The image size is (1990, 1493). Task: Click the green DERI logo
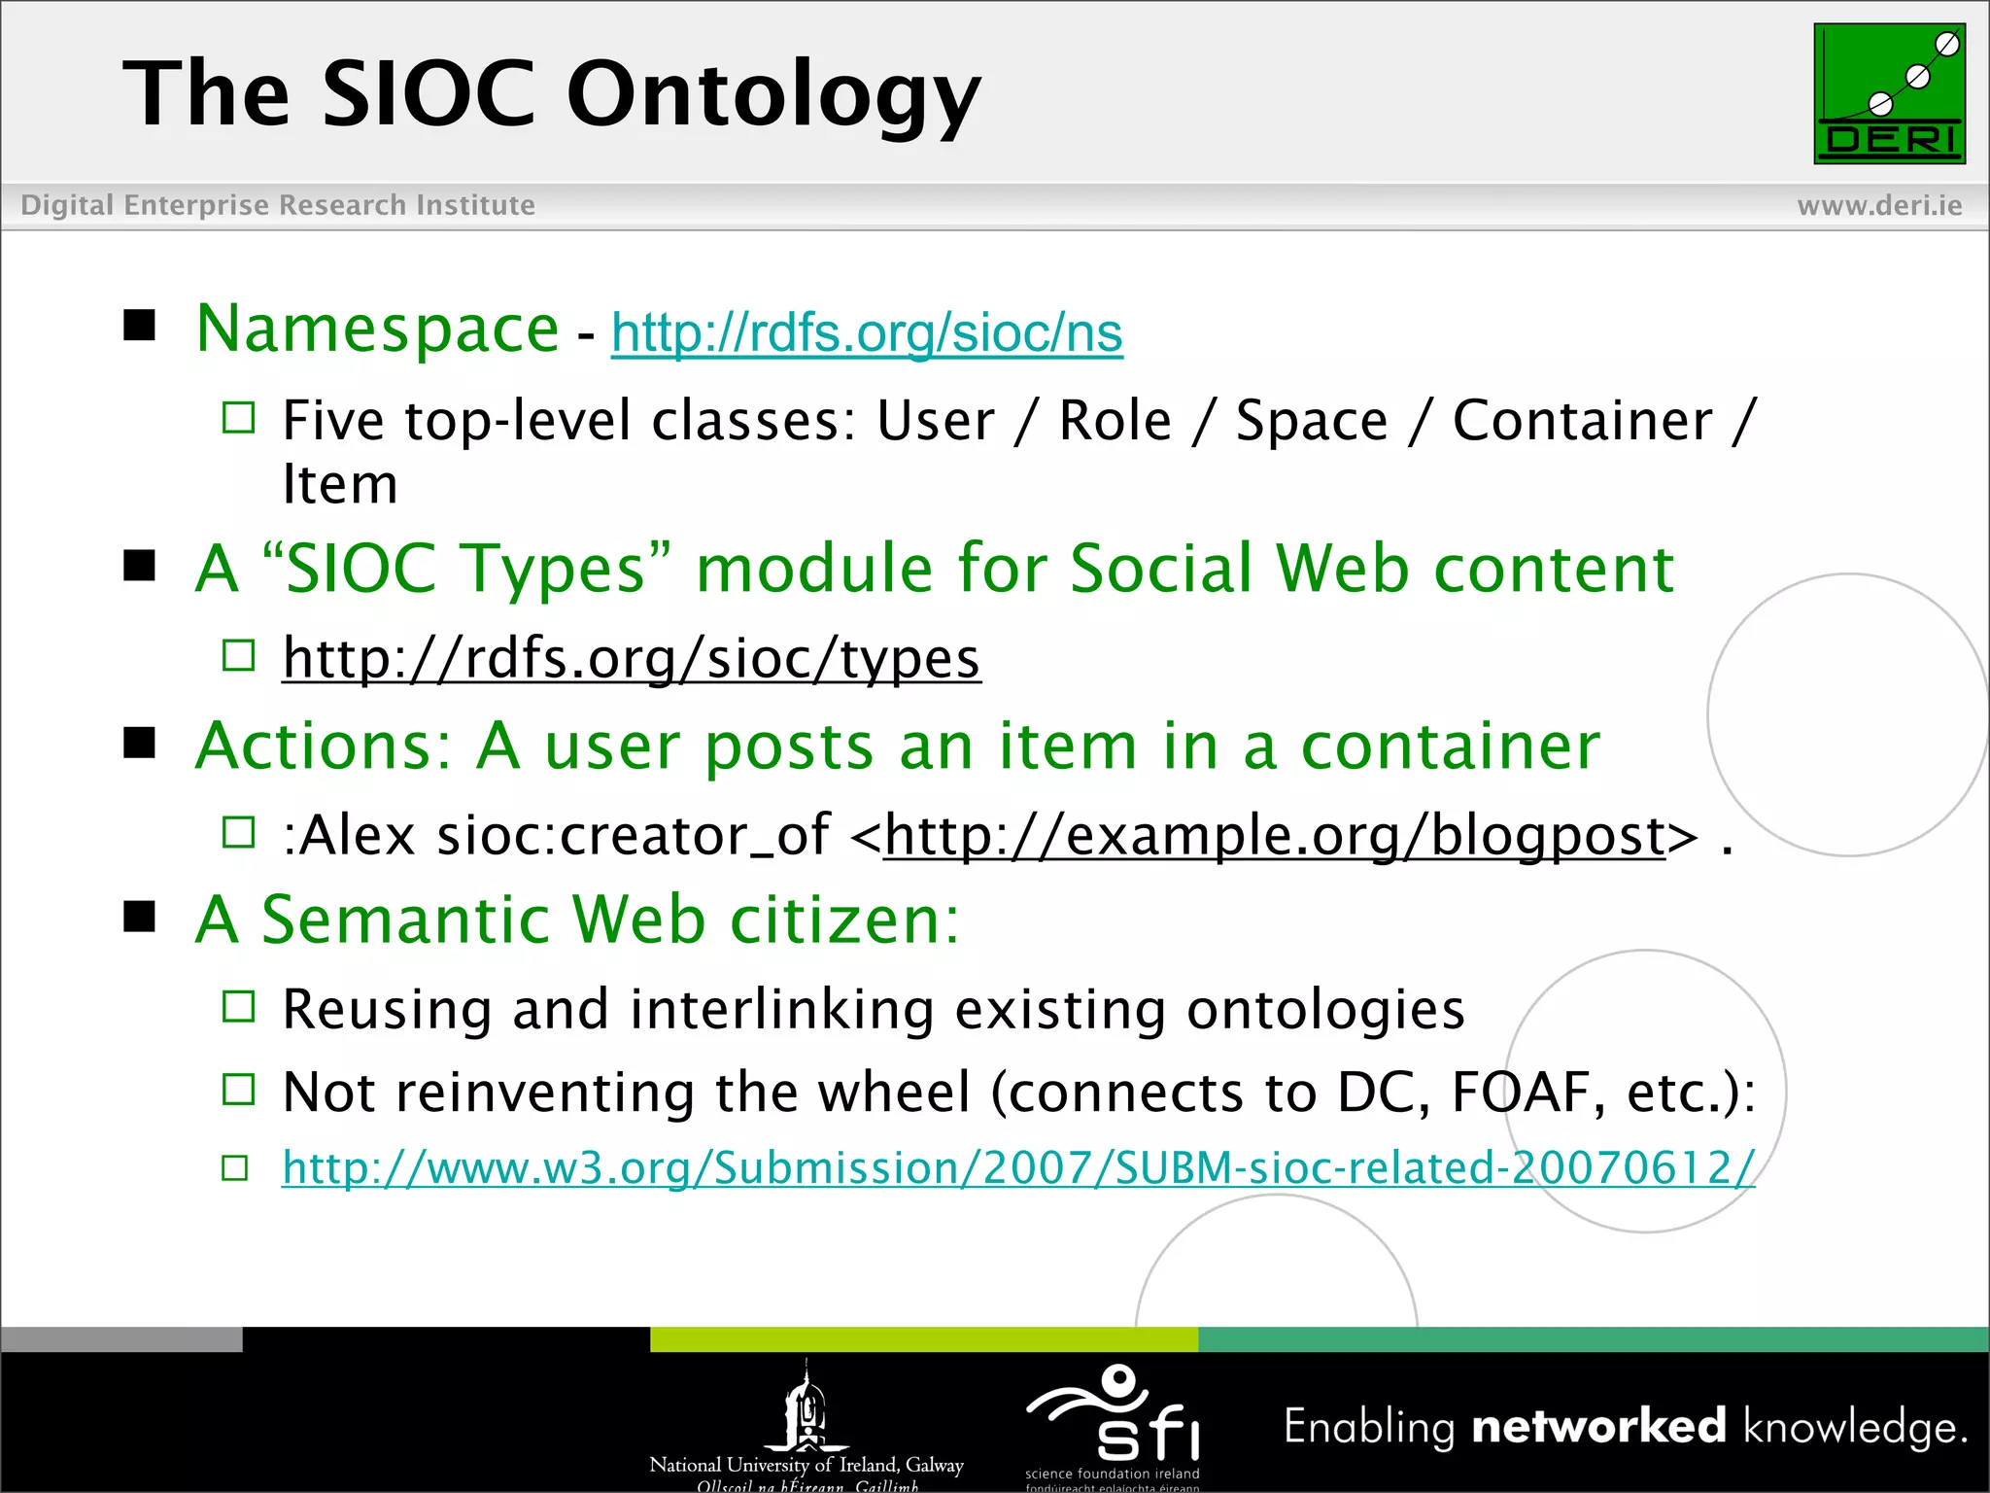coord(1889,93)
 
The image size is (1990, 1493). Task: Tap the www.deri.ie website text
coord(1879,205)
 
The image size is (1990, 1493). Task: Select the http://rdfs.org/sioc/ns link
coord(867,332)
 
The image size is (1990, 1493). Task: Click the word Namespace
coord(377,329)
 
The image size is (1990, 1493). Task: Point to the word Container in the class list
coord(1582,421)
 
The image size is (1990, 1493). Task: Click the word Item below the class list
coord(340,484)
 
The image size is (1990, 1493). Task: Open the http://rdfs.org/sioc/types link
coord(632,658)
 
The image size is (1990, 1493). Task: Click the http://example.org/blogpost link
coord(1274,835)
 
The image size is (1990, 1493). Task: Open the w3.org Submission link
coord(1018,1167)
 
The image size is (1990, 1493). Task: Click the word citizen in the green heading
coord(843,920)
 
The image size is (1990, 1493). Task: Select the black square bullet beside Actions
coord(140,744)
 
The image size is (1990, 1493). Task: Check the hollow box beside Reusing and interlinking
coord(238,1007)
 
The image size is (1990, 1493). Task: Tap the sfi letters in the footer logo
coord(1149,1432)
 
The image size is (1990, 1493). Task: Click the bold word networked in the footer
coord(1598,1427)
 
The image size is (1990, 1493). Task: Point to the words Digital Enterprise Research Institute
coord(278,205)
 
